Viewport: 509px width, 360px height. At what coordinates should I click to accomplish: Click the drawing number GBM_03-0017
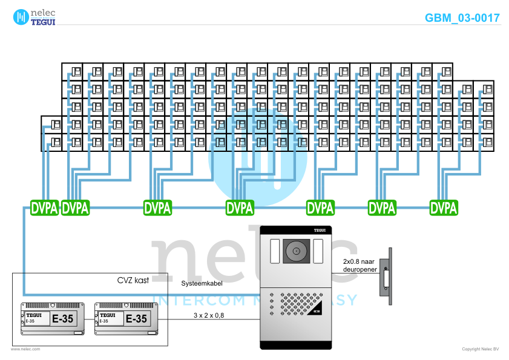coord(462,18)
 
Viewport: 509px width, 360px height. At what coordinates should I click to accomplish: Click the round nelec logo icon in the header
coord(21,16)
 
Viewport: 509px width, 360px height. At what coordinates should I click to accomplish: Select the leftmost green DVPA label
coord(44,208)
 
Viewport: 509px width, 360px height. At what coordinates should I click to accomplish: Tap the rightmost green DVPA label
coord(444,208)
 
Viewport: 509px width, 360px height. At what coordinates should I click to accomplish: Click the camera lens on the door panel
coord(297,251)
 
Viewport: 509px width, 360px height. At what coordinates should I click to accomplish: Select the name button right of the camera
coord(318,250)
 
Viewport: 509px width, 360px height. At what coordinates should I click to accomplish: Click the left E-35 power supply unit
coord(51,318)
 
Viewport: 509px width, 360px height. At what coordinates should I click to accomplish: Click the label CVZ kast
coord(133,280)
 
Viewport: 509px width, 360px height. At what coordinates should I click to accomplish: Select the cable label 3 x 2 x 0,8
coord(209,315)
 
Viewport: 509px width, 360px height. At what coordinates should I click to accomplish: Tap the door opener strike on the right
coord(386,278)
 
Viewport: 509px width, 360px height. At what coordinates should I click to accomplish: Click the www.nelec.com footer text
coord(25,349)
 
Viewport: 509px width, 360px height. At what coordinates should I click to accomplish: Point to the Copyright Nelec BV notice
coord(480,349)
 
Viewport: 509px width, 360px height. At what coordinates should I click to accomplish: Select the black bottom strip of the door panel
coord(297,346)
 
